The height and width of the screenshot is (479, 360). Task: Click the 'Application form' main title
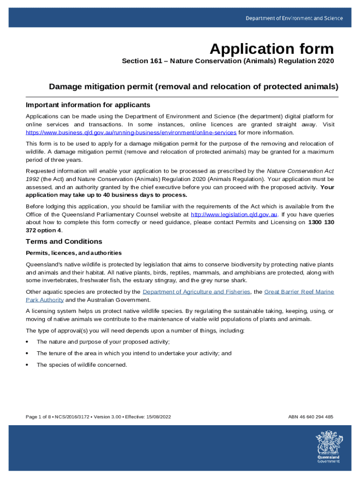[272, 49]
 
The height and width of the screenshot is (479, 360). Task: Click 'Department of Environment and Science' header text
[295, 18]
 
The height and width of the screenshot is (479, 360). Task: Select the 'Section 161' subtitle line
[228, 61]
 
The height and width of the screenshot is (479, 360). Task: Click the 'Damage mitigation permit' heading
[194, 87]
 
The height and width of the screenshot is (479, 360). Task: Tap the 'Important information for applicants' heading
[88, 104]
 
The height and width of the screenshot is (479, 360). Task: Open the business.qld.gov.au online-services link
[131, 133]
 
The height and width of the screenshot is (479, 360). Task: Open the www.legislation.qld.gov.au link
[234, 214]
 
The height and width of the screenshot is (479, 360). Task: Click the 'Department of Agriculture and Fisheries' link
[196, 292]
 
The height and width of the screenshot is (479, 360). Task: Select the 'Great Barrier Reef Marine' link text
[299, 292]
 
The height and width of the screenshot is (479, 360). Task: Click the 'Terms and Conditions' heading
[64, 241]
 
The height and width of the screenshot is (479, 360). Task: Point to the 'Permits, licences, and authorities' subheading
[73, 253]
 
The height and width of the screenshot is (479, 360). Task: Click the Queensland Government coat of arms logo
[328, 446]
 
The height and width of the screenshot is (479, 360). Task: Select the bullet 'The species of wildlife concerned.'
[82, 365]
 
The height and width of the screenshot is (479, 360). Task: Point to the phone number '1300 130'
[321, 222]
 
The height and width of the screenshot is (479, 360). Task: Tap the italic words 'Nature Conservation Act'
[300, 171]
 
